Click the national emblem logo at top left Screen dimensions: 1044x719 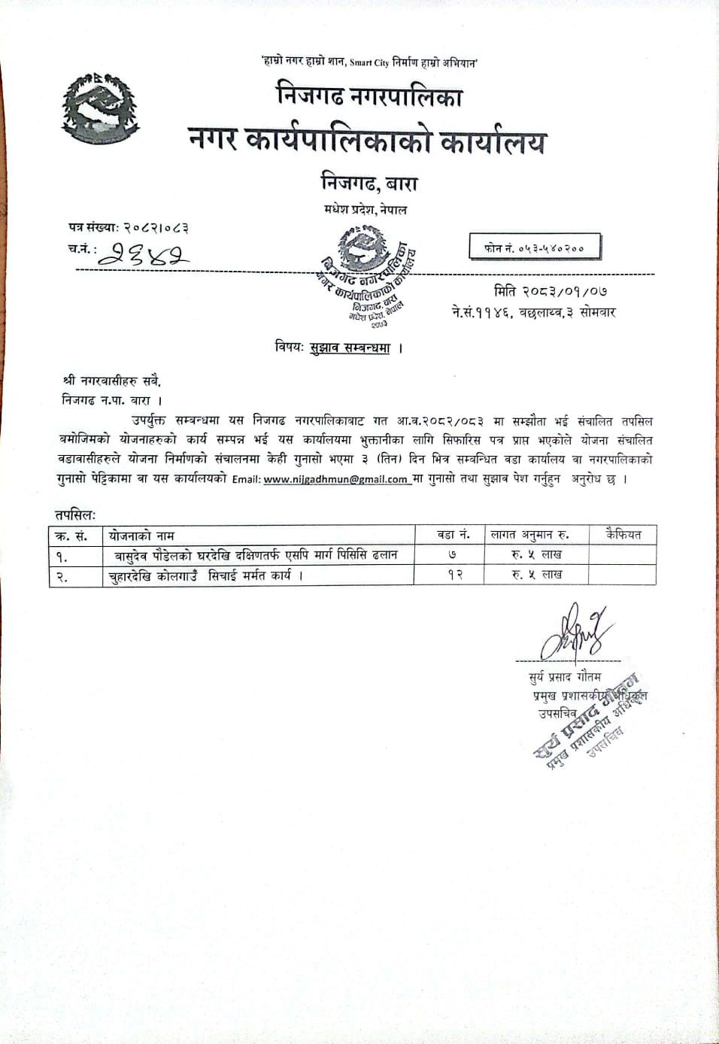(99, 110)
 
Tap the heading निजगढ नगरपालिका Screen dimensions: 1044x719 (369, 96)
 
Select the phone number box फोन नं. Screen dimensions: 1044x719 (535, 247)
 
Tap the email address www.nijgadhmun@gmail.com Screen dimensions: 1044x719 (335, 479)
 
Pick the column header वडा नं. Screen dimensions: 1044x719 (453, 535)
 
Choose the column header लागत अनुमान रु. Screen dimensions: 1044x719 (529, 535)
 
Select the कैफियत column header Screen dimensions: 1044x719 (623, 535)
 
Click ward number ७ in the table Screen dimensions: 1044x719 (452, 555)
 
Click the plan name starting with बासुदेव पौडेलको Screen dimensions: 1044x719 (256, 555)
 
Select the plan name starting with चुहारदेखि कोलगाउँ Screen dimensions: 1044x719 (205, 575)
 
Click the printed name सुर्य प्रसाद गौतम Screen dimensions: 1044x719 (566, 677)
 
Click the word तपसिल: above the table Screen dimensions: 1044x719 (75, 514)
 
